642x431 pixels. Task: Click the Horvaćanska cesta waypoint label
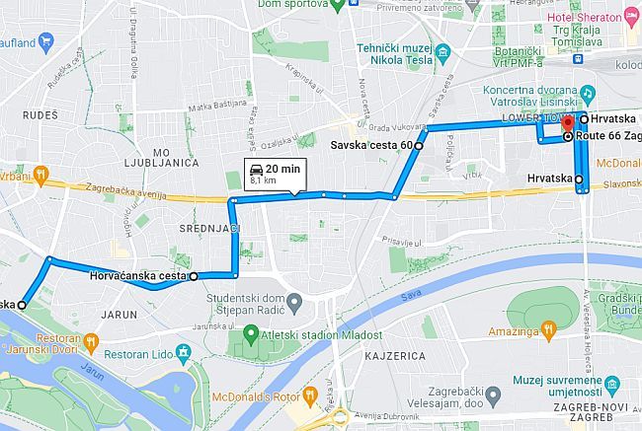[137, 277]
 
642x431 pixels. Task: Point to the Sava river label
[408, 296]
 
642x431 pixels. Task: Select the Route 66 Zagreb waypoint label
[608, 138]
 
